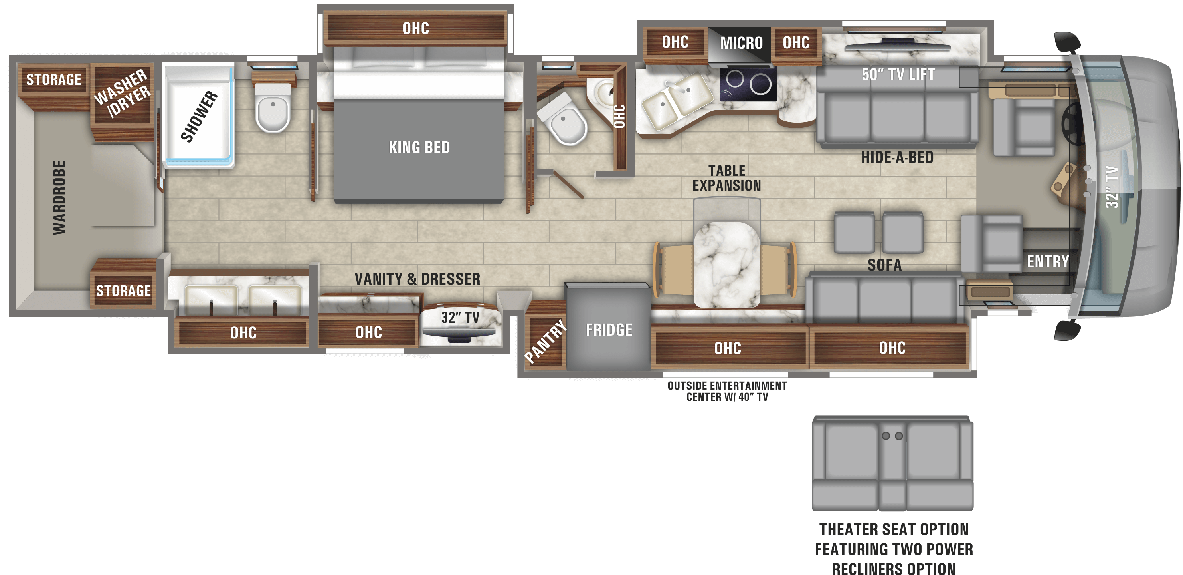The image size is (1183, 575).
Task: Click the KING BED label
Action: coord(419,147)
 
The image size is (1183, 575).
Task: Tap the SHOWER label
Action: coord(199,116)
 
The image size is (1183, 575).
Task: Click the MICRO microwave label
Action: coord(741,43)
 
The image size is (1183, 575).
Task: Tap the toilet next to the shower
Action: coord(273,107)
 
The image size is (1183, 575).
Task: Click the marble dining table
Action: coord(726,264)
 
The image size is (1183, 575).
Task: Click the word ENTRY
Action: coord(1048,262)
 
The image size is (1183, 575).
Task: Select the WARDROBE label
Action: coord(59,198)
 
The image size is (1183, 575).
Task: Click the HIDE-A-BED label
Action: coord(897,158)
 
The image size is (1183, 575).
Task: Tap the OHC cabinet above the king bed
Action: coord(415,28)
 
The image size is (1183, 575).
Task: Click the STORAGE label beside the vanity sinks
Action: coord(123,291)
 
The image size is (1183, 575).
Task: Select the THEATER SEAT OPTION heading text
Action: coord(894,529)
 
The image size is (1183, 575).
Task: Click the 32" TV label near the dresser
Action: coord(460,318)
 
